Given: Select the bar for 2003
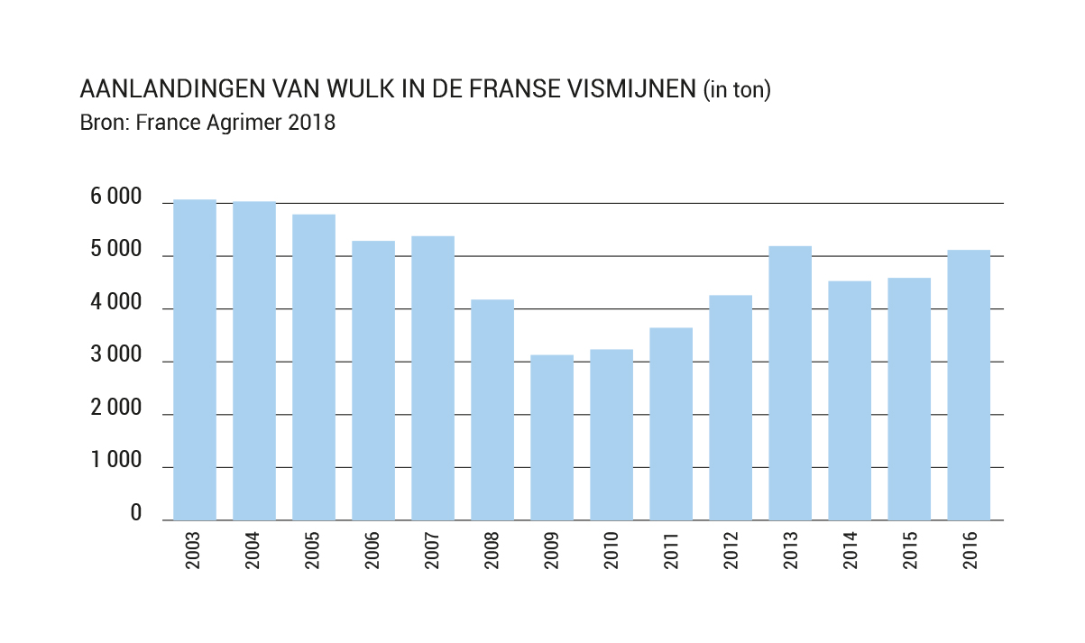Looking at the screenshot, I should [195, 360].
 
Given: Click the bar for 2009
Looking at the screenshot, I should [552, 437].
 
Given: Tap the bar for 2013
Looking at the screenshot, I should [790, 383].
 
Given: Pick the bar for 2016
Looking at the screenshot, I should [969, 385].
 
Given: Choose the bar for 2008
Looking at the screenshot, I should [492, 409].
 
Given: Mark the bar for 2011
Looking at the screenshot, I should [671, 424].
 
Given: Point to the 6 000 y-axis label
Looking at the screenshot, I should [118, 198].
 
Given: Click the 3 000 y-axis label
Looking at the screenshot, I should [118, 356].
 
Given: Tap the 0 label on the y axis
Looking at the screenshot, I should [136, 514].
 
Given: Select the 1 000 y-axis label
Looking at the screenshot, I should [118, 462].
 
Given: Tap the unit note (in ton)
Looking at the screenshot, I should [737, 90].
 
